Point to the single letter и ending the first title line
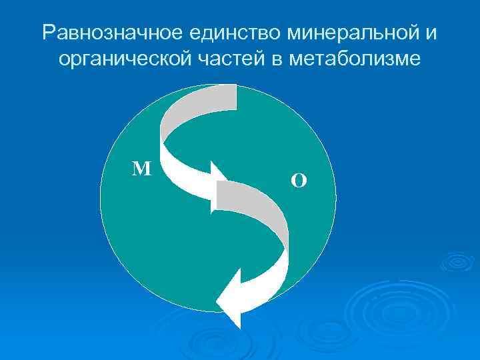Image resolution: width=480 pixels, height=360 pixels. tap(433, 33)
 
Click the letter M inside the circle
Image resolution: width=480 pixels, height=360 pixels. tap(141, 169)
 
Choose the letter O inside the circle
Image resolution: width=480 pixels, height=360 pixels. tap(299, 180)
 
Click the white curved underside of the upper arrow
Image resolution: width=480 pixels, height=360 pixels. tap(180, 173)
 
